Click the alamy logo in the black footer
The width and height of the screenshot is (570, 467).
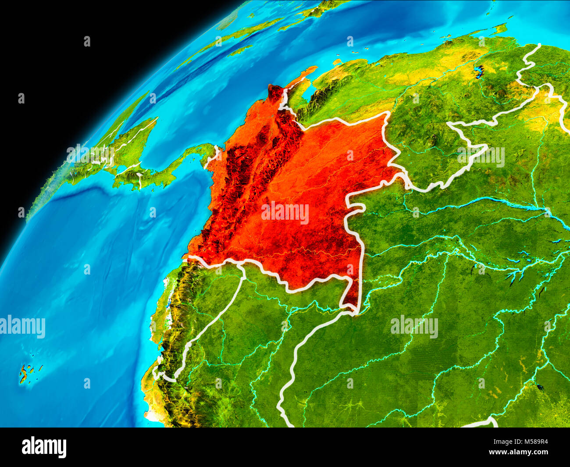pos(44,447)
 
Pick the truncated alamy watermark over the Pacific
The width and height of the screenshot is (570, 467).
pos(22,327)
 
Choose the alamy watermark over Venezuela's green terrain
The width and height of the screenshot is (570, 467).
pos(481,157)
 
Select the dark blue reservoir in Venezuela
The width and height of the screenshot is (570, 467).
pos(478,71)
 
